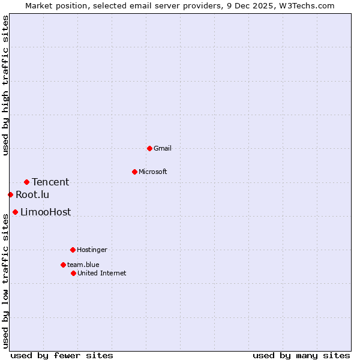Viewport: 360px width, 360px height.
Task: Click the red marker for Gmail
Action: [149, 148]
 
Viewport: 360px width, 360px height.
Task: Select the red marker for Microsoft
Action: [134, 172]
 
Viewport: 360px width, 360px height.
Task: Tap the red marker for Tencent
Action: [26, 182]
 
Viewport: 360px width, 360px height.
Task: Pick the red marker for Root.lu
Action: [10, 194]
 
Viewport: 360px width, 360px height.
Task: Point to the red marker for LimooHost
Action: [15, 212]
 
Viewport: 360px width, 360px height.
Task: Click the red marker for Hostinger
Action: [73, 250]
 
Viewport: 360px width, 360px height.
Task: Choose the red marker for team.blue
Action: [63, 265]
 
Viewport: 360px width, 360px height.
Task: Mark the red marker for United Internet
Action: [73, 273]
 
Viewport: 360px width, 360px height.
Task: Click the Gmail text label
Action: [163, 148]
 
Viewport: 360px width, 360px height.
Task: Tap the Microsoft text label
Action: [153, 172]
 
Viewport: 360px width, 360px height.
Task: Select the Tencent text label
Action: [50, 182]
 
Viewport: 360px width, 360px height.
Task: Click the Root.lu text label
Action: [32, 194]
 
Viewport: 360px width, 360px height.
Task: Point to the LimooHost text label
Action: [46, 212]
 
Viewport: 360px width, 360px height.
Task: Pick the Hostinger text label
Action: [92, 250]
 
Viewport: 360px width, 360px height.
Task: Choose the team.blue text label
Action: [83, 265]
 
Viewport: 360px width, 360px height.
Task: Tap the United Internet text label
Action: [102, 273]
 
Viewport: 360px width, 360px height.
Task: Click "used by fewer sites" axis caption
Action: [62, 355]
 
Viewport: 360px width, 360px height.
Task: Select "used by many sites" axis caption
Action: [301, 355]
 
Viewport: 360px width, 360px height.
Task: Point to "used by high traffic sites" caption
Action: [6, 85]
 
